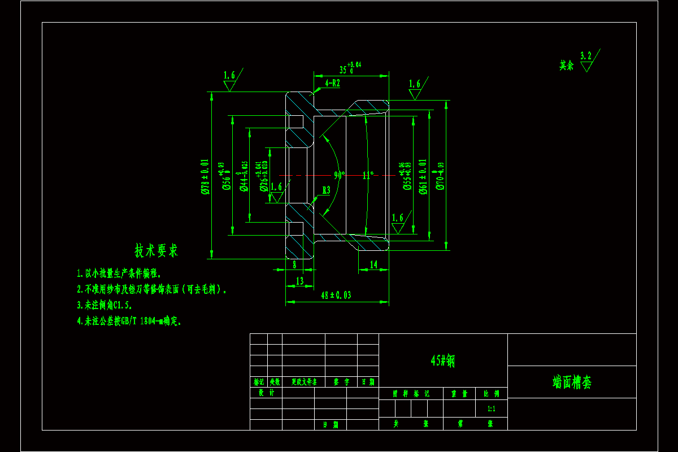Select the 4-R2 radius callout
(x=332, y=83)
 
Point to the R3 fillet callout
(x=326, y=190)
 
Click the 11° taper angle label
(x=368, y=175)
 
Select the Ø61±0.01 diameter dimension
(x=423, y=176)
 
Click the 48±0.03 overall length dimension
(x=336, y=295)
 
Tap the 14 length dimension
(x=373, y=264)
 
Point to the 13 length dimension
(x=299, y=280)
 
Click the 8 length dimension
(x=294, y=264)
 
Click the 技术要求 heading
(x=156, y=250)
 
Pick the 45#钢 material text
(x=442, y=360)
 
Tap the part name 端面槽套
(x=572, y=383)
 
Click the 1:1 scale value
(x=492, y=408)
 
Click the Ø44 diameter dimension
(x=244, y=176)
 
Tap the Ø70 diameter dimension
(x=441, y=176)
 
